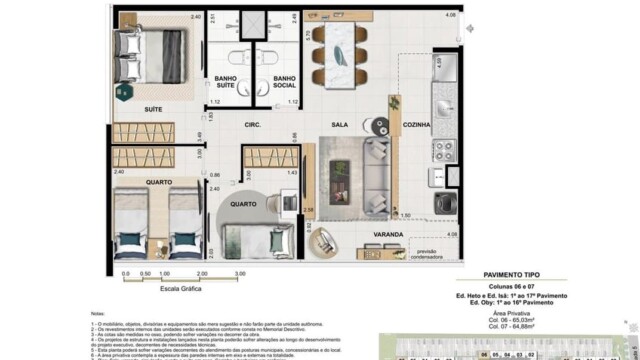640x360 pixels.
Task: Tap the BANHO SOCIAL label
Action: click(285, 82)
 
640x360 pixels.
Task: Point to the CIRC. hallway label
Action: click(253, 125)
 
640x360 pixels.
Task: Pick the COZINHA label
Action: click(416, 125)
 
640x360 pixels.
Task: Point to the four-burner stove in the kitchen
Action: click(444, 150)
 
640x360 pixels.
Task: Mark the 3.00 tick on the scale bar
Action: click(240, 272)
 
